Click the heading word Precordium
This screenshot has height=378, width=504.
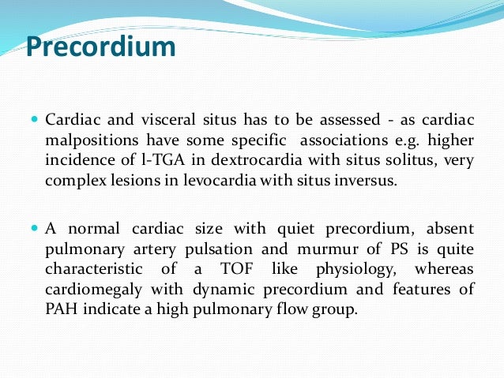point(100,47)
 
